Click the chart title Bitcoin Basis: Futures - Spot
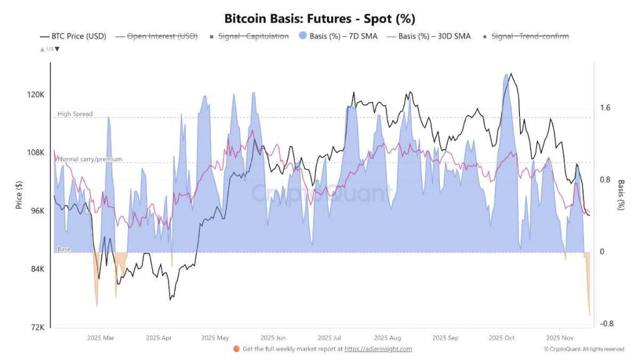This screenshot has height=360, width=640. tap(319, 19)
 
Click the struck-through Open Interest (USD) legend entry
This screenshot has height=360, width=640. tap(162, 36)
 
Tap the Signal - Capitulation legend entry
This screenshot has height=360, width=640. tap(253, 36)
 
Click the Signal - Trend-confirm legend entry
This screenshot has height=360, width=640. tap(530, 36)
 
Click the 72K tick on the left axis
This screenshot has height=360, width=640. tap(36, 327)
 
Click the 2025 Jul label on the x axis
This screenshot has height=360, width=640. tap(329, 337)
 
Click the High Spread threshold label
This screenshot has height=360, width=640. tap(75, 114)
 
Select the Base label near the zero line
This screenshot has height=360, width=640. tap(64, 249)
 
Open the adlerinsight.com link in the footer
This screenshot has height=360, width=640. tap(379, 349)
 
